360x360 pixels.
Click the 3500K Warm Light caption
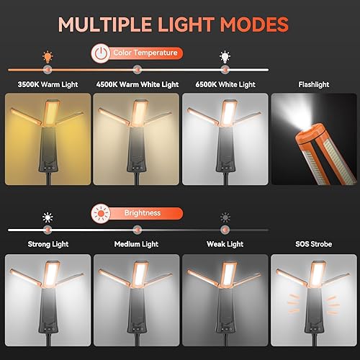tap(47, 85)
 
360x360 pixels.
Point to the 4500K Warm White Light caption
tap(137, 85)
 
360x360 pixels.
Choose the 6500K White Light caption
tap(224, 85)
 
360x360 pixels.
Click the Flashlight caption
tap(313, 85)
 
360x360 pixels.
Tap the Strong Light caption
tap(47, 245)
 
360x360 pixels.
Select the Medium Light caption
tap(136, 245)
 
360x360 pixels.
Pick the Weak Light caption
tap(225, 245)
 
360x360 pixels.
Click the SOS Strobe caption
tap(313, 245)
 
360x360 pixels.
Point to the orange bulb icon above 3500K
tap(48, 55)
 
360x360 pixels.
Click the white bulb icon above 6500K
tap(225, 55)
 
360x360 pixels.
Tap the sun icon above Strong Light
tap(48, 217)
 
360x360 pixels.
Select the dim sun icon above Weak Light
tap(225, 217)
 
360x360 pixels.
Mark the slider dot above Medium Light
tap(137, 230)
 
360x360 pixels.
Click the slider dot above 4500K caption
tap(137, 69)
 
